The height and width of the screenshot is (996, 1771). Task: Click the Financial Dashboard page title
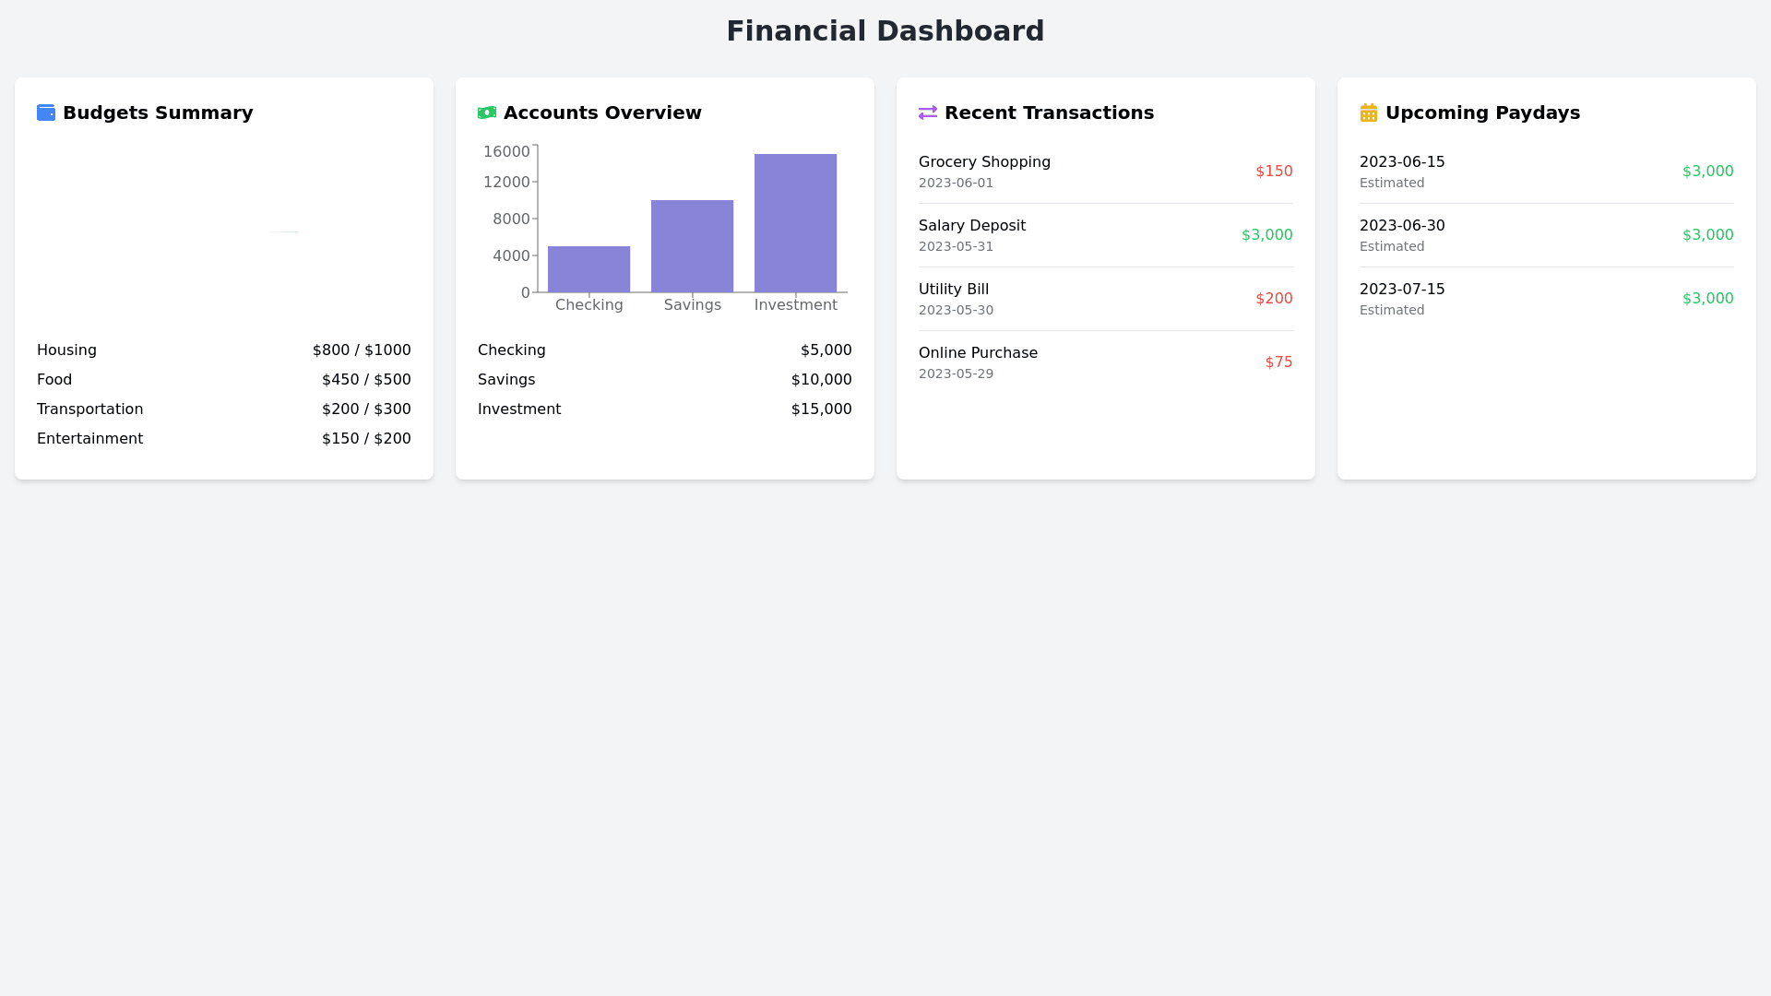pyautogui.click(x=885, y=31)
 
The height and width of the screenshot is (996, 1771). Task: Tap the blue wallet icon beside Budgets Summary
pyautogui.click(x=46, y=113)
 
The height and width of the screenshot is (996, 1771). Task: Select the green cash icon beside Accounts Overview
pyautogui.click(x=487, y=113)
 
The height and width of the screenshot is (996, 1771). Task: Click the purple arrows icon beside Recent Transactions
pyautogui.click(x=928, y=113)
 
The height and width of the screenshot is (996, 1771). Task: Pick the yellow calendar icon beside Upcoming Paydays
pyautogui.click(x=1369, y=113)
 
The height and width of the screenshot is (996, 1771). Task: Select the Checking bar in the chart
pyautogui.click(x=588, y=269)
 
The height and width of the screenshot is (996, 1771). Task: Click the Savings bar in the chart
pyautogui.click(x=692, y=246)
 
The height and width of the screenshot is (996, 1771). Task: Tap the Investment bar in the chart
pyautogui.click(x=795, y=223)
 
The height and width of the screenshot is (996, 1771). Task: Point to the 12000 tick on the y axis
pyautogui.click(x=506, y=182)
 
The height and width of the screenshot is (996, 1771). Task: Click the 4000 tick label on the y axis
pyautogui.click(x=511, y=255)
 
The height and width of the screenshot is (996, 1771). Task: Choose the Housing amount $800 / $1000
pyautogui.click(x=362, y=350)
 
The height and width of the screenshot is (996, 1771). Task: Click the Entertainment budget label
pyautogui.click(x=89, y=439)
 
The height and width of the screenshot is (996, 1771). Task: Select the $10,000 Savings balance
pyautogui.click(x=821, y=380)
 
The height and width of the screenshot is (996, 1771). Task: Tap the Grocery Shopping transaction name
pyautogui.click(x=984, y=162)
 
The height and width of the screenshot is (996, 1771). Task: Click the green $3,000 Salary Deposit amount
pyautogui.click(x=1266, y=235)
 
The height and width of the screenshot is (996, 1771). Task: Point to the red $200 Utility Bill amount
pyautogui.click(x=1274, y=299)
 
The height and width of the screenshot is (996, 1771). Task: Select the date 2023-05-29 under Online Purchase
pyautogui.click(x=956, y=373)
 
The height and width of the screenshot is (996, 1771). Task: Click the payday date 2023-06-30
pyautogui.click(x=1402, y=226)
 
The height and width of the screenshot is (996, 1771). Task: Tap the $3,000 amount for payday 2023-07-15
pyautogui.click(x=1707, y=299)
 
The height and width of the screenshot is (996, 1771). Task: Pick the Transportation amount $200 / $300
pyautogui.click(x=366, y=409)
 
